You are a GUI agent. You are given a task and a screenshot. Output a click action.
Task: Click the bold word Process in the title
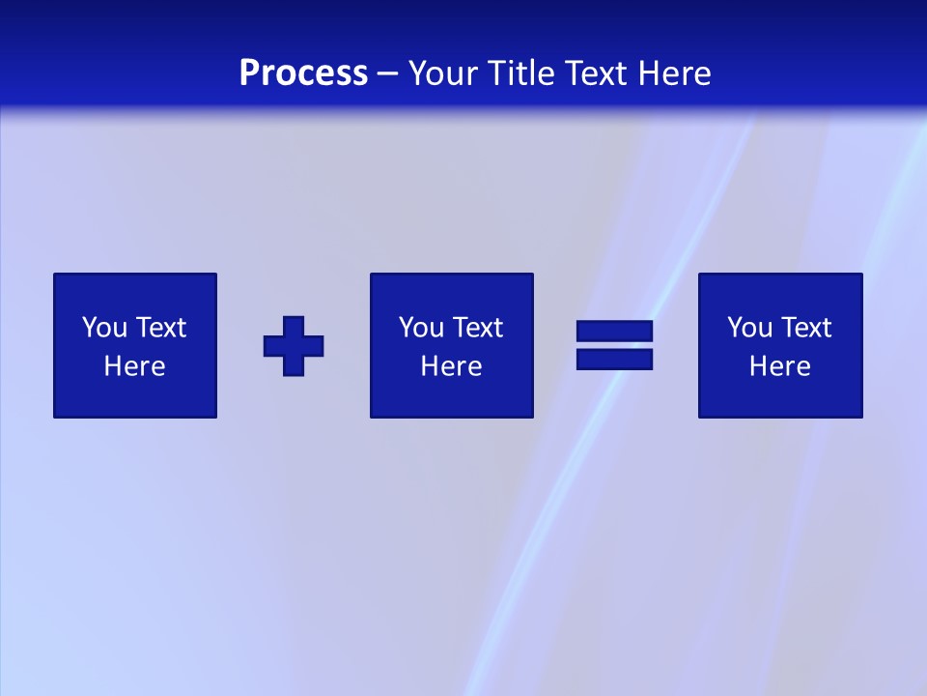[x=303, y=73]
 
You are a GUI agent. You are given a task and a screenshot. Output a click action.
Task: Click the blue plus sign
[x=294, y=346]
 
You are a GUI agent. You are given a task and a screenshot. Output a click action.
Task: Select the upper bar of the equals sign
[x=614, y=332]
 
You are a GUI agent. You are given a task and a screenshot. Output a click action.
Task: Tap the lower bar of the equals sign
[x=614, y=359]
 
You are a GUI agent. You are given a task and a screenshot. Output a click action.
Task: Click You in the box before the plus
[x=104, y=328]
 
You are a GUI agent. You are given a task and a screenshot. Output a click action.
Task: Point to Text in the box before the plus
[x=160, y=328]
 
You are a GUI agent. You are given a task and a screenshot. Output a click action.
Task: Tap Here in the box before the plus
[x=135, y=366]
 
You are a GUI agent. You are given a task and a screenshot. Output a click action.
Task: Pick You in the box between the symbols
[x=421, y=328]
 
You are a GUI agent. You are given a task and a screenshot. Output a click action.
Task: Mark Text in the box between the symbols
[x=477, y=328]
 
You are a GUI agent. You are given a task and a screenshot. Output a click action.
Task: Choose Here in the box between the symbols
[x=451, y=366]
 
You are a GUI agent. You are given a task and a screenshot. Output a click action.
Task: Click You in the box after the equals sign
[x=749, y=328]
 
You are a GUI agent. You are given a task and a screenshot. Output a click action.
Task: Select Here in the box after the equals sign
[x=780, y=366]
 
